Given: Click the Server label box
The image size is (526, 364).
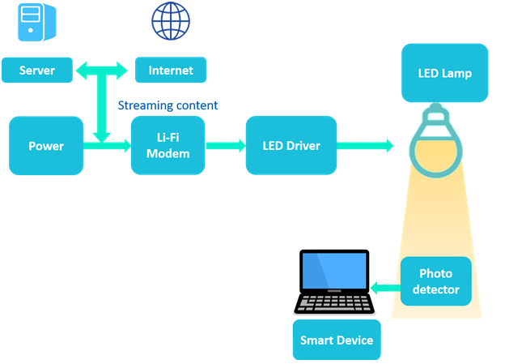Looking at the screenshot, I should tap(36, 71).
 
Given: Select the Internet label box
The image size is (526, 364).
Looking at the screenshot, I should tap(171, 71).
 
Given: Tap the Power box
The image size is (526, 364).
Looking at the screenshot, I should tap(46, 146).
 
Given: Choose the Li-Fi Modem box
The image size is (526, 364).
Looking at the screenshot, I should tap(168, 145).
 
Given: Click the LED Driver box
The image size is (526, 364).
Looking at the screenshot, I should tap(291, 146).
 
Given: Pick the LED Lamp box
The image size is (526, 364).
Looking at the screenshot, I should tap(444, 73).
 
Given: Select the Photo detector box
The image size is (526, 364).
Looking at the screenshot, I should tap(435, 281).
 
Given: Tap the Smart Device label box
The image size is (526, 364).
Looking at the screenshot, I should tap(337, 340).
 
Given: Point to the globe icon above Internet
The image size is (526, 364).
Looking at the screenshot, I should tap(171, 21).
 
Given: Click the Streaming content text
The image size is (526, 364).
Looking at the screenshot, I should tap(168, 106).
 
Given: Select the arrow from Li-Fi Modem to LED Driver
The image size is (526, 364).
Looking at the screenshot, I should tap(225, 146).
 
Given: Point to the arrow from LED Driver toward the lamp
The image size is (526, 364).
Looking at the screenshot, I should tap(365, 146).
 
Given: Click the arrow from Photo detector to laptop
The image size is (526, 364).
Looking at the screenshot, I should tap(386, 286).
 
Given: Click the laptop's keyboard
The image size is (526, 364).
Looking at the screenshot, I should tap(333, 302).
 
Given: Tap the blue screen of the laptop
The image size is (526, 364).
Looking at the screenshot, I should tap(333, 271).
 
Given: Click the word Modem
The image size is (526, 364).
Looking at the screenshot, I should tap(168, 154).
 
